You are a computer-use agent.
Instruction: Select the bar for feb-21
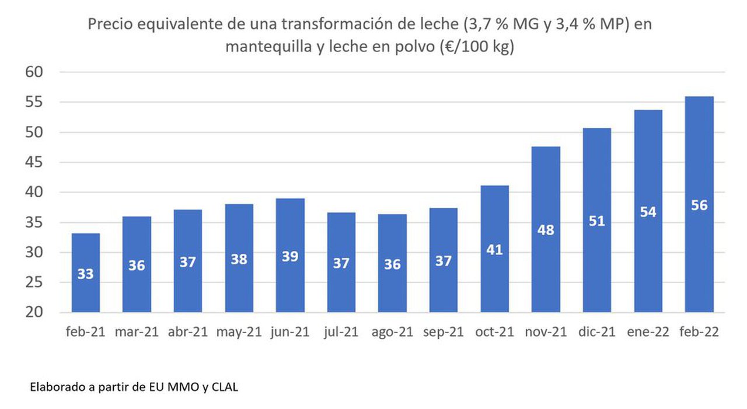[86, 272]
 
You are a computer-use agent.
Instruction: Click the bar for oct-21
[494, 249]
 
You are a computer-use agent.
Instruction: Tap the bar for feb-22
[699, 204]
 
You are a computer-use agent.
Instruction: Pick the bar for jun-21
[290, 256]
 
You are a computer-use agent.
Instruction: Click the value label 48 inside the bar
[546, 230]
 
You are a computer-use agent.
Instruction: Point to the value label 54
[648, 212]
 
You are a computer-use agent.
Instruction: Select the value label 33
[85, 274]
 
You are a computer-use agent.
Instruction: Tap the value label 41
[494, 250]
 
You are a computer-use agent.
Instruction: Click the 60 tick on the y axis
[34, 72]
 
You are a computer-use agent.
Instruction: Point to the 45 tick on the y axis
[34, 162]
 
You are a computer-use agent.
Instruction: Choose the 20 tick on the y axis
[34, 312]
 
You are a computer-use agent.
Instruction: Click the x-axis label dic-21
[596, 332]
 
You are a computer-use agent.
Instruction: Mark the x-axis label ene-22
[648, 332]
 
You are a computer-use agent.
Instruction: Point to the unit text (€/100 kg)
[477, 47]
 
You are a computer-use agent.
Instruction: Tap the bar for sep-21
[443, 260]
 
